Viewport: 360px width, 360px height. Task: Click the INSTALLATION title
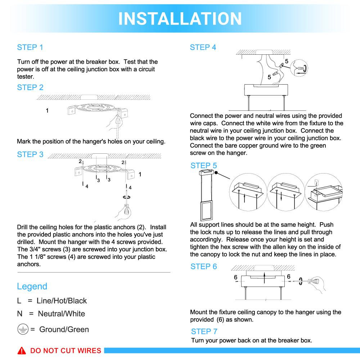(180, 18)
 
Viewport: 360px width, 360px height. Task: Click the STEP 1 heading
(30, 48)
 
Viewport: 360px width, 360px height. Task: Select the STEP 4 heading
(203, 48)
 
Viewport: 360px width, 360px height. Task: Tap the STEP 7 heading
(204, 331)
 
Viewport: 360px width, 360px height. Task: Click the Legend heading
(32, 287)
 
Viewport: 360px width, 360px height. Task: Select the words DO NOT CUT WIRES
(65, 351)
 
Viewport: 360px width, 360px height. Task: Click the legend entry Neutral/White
(61, 314)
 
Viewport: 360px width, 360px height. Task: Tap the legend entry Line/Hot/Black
(62, 301)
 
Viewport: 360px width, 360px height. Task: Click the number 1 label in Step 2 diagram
(47, 111)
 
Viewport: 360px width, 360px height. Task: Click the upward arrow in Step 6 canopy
(265, 278)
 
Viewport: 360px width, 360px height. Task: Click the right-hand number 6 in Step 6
(289, 276)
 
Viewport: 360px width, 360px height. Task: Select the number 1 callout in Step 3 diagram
(140, 174)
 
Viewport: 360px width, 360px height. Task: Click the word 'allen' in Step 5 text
(299, 247)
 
